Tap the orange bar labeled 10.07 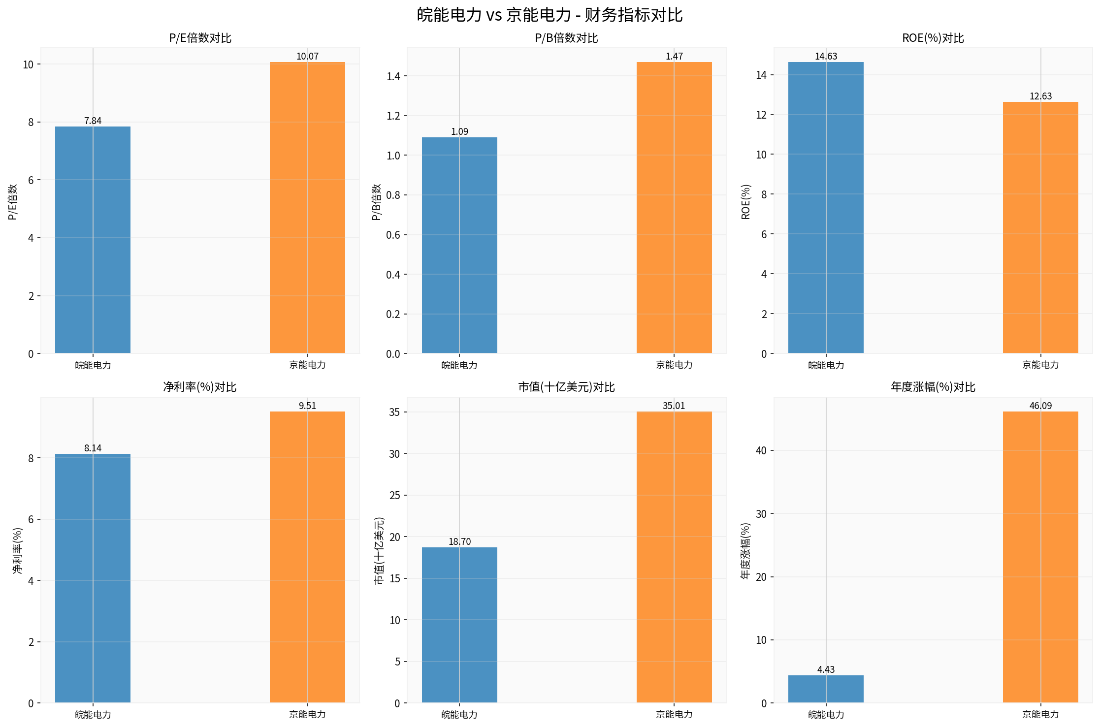[307, 207]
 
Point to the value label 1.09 [459, 131]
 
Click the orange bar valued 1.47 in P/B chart [674, 207]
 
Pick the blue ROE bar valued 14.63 [826, 207]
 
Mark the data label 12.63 [1040, 96]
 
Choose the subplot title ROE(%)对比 [933, 38]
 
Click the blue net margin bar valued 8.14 [93, 578]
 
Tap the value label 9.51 [307, 406]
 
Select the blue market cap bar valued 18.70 [459, 625]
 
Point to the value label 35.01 [674, 406]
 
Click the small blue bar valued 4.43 [826, 689]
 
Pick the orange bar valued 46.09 [1040, 557]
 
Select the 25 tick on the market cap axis [394, 495]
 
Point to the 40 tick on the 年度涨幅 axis [761, 450]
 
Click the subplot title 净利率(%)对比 [199, 387]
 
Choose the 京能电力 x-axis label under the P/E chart [307, 365]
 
